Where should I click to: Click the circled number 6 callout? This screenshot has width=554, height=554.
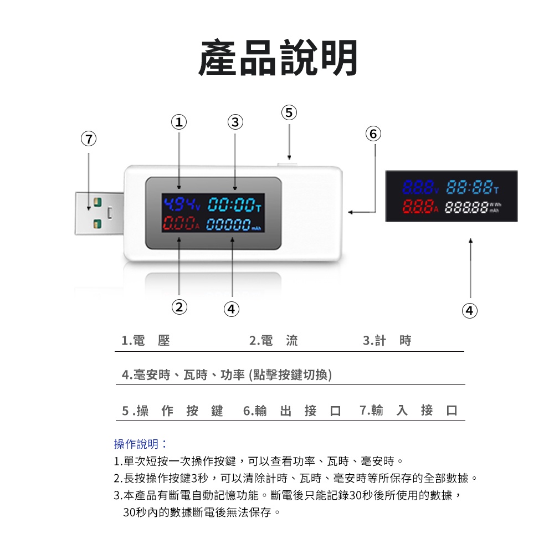[374, 134]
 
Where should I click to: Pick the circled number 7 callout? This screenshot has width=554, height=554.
[88, 138]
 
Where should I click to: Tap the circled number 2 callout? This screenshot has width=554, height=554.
[178, 306]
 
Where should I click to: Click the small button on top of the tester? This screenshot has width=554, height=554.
[288, 163]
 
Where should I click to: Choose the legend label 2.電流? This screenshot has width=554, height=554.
[274, 341]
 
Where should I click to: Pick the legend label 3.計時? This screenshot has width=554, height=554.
[387, 341]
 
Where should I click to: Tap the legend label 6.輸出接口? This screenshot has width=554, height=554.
[292, 411]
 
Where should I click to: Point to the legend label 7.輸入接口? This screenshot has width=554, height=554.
[408, 411]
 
